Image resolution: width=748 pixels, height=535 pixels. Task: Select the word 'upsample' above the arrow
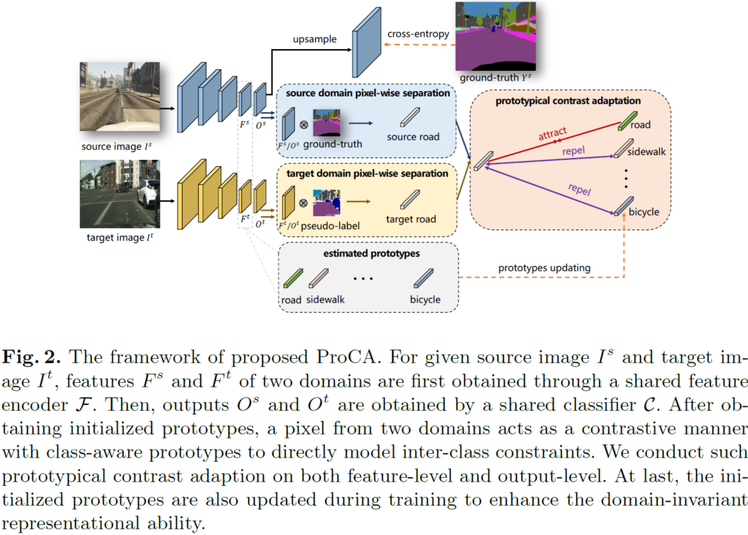point(314,39)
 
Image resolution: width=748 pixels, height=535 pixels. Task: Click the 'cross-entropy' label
point(417,33)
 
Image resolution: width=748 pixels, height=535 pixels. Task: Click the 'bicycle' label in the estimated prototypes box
point(425,299)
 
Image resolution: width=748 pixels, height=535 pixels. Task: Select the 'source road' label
point(413,137)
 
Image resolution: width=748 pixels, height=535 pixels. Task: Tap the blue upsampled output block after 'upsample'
point(365,44)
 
